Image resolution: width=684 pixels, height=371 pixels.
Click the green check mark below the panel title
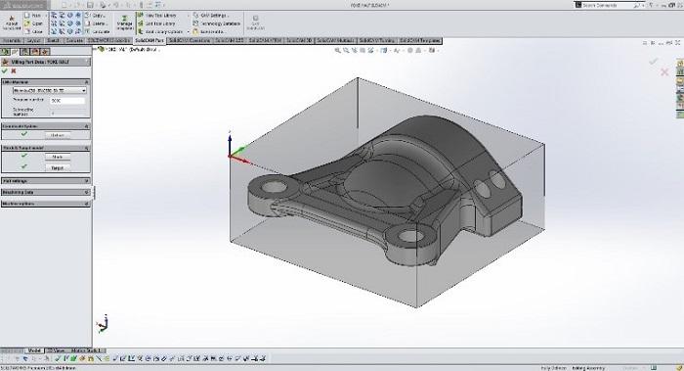5,70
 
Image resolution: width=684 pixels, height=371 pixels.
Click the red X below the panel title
14,70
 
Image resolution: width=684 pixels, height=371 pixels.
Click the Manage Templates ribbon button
124,23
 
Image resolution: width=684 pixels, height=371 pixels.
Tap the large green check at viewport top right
654,62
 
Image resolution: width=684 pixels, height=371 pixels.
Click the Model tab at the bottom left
35,349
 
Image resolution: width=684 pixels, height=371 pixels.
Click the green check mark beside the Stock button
22,157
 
